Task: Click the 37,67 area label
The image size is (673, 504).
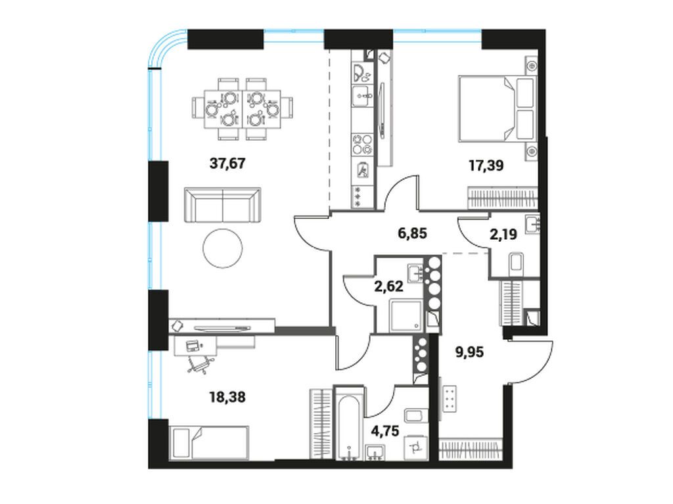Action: tap(227, 164)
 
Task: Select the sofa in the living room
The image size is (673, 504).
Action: tap(222, 204)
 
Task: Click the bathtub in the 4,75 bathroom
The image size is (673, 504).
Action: tap(348, 424)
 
